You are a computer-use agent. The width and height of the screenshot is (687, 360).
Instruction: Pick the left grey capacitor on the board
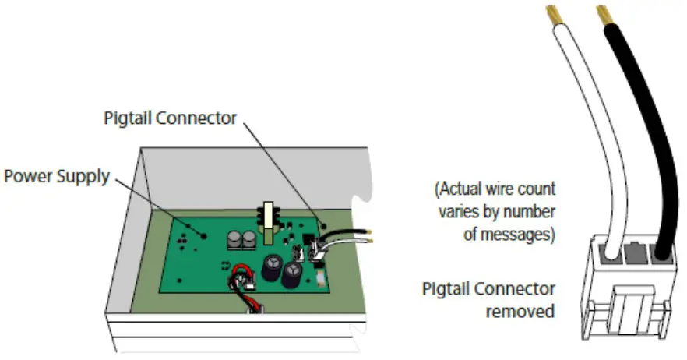tap(234, 238)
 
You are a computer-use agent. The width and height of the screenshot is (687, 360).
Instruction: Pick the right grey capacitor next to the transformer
tap(250, 238)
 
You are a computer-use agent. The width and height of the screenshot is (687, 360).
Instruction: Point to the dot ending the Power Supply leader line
tap(204, 234)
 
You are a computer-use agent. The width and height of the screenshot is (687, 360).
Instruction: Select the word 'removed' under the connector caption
tap(520, 312)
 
